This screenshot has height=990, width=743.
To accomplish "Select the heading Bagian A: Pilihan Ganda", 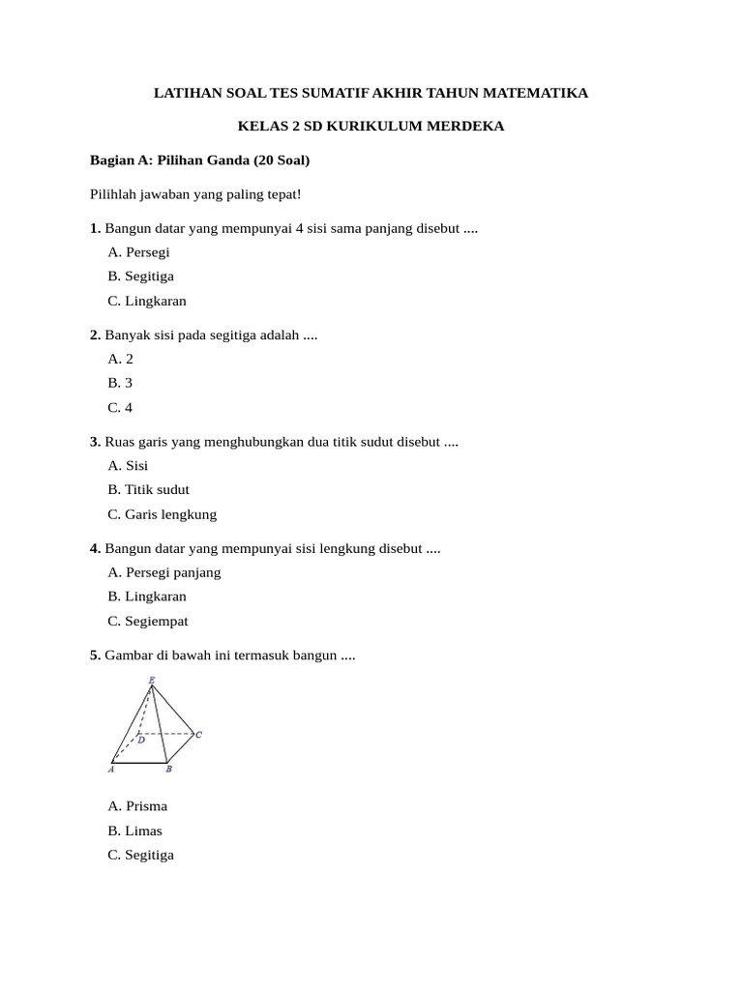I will point(199,160).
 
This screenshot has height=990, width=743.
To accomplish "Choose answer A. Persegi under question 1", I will point(139,252).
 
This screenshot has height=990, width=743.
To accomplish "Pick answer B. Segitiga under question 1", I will point(141,277).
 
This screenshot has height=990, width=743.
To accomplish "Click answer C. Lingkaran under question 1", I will point(147,301).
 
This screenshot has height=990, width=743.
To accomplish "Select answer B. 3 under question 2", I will point(120,383).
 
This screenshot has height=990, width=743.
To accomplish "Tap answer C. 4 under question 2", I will point(120,407).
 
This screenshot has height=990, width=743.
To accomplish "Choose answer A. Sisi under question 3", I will point(128,465).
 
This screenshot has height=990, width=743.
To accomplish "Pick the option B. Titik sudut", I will point(149,490).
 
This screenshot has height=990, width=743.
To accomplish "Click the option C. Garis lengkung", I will point(163,514).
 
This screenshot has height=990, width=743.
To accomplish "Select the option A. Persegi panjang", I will point(164,572).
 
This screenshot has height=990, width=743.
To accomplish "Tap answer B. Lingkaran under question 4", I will point(147,597).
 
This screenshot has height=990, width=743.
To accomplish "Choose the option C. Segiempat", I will point(148,621).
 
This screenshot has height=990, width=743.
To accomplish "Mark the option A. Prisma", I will point(137,806).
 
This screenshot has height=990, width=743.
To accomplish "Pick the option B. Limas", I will point(135,830).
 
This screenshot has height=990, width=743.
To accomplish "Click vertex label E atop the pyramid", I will point(151,681).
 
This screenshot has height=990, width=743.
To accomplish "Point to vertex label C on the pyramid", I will point(198,735).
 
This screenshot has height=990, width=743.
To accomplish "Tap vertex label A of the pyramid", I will point(111,770).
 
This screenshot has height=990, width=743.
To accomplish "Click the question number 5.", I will point(95,655).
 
